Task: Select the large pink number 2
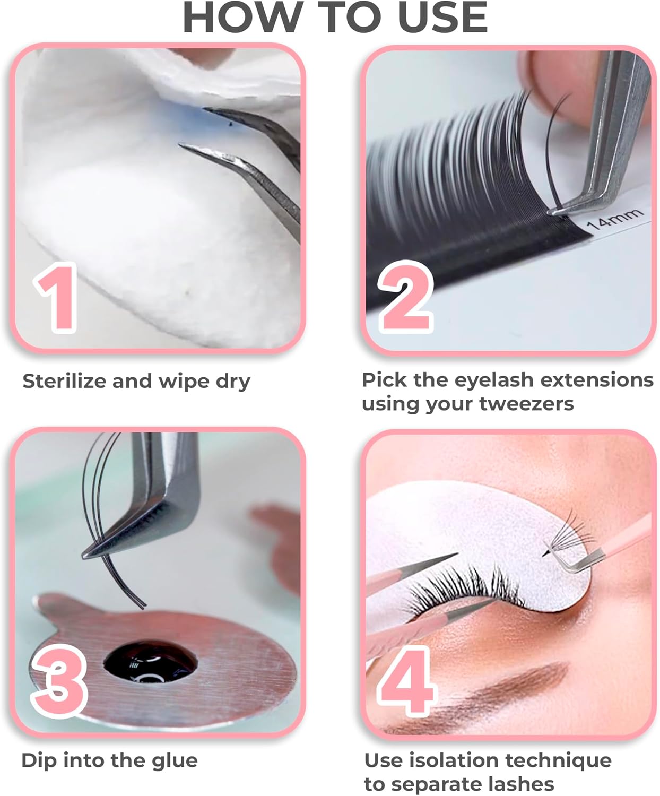pos(406,297)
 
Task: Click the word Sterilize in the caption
pos(64,381)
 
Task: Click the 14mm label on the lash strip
pos(615,219)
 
